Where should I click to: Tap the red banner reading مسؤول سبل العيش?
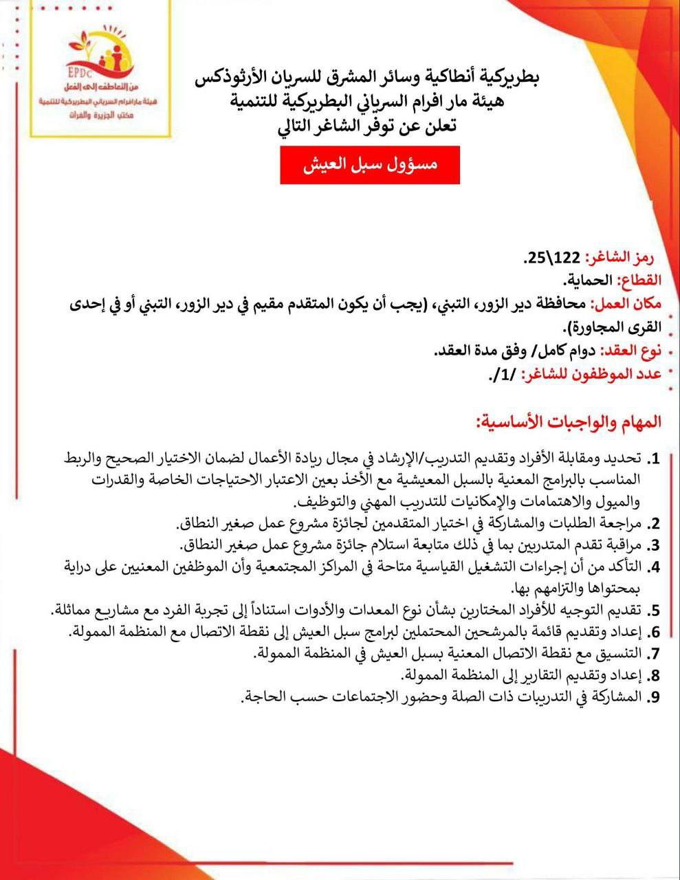[x=369, y=165]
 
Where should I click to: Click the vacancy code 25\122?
[x=553, y=259]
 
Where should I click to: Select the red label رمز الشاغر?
[x=619, y=258]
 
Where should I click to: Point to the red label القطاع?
[x=639, y=280]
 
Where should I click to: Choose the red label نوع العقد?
[x=630, y=351]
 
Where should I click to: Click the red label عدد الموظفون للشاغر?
[x=591, y=375]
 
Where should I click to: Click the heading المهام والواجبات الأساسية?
[x=568, y=421]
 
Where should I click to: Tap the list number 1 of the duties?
[x=655, y=459]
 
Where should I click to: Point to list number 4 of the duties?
[x=655, y=567]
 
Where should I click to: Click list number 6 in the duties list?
[x=655, y=632]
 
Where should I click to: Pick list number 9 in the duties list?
[x=655, y=696]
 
